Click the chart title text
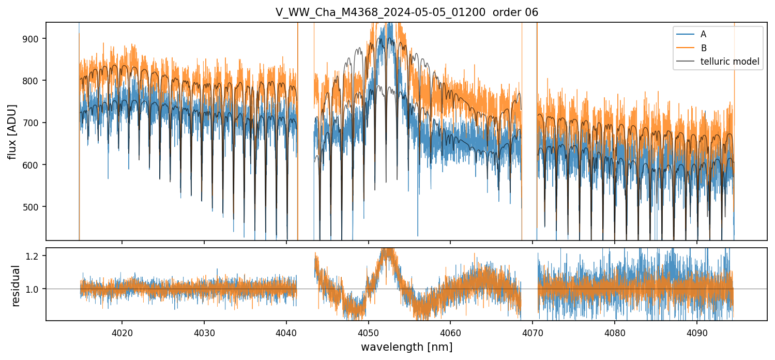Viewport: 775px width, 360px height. pyautogui.click(x=406, y=12)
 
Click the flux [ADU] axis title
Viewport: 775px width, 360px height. pyautogui.click(x=12, y=131)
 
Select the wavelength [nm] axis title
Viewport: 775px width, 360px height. pyautogui.click(x=406, y=347)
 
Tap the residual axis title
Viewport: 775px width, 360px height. pyautogui.click(x=16, y=286)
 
